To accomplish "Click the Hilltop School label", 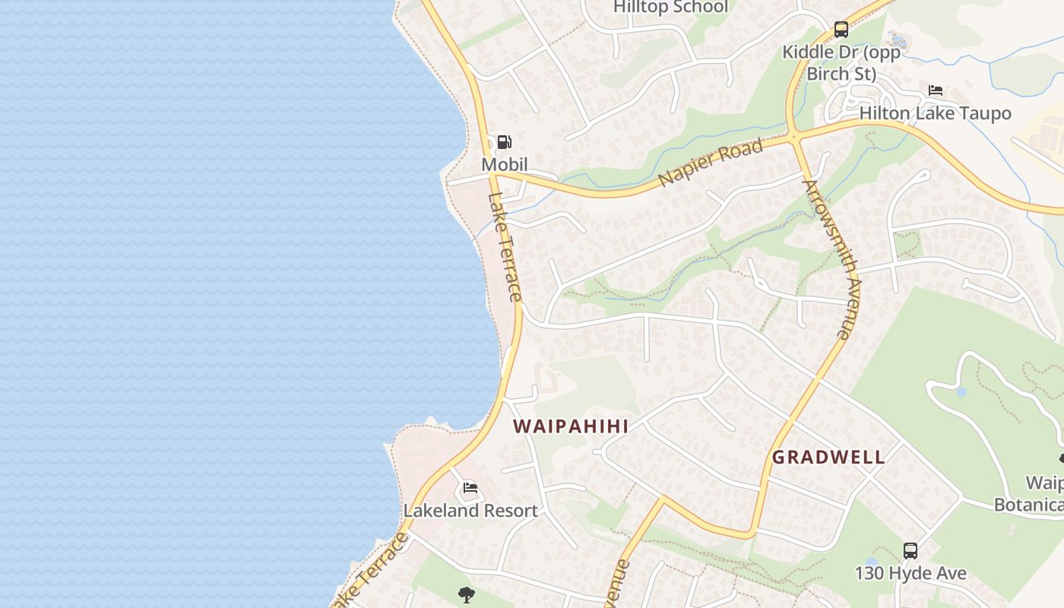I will click(x=671, y=7).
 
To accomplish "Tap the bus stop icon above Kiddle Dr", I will click(x=841, y=30).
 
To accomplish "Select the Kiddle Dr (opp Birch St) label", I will click(x=841, y=63).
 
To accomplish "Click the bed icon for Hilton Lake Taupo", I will click(x=936, y=90).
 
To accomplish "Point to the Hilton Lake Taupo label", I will click(x=935, y=113).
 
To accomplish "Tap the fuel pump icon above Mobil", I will click(x=504, y=141).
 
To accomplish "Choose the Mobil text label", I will click(x=504, y=164).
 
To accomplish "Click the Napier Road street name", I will click(x=711, y=162).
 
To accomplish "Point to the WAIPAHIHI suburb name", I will click(x=571, y=426).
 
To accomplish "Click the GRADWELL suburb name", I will click(x=828, y=458).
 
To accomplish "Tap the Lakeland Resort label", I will click(x=470, y=510).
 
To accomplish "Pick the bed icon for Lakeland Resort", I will click(x=470, y=487).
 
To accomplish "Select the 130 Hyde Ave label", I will click(x=910, y=572).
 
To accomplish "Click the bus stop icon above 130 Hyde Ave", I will click(x=910, y=550).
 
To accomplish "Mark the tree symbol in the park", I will click(x=467, y=594).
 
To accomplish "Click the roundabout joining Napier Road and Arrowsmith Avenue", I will click(x=795, y=138).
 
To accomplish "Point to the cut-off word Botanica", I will click(x=1029, y=505).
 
